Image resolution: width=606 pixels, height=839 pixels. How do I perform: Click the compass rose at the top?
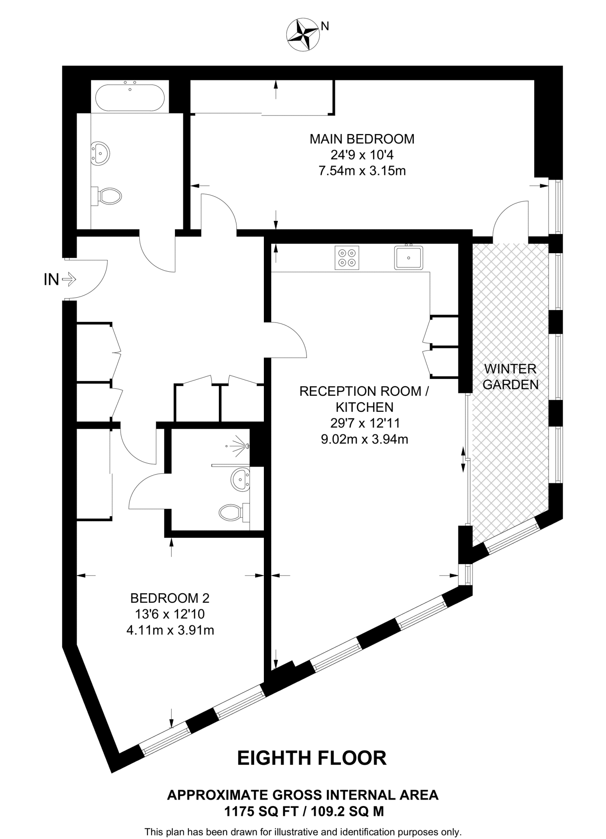coord(303,35)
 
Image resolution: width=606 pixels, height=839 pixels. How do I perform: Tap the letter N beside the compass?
coord(325,26)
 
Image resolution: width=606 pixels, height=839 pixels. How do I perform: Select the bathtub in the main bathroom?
coord(130,98)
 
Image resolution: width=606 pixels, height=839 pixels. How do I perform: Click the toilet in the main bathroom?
coord(108,196)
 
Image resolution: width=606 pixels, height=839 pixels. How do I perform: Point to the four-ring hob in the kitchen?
coord(347,258)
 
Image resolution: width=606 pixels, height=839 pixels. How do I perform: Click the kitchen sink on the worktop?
coord(409,258)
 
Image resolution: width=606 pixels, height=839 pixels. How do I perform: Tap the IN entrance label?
coord(52,280)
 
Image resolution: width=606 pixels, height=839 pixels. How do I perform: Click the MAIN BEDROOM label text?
coord(362,139)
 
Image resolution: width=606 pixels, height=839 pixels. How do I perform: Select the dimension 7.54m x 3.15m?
coord(362,171)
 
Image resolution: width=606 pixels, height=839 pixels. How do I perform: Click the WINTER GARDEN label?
coord(511,376)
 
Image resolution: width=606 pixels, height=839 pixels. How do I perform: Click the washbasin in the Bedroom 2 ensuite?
coord(240,479)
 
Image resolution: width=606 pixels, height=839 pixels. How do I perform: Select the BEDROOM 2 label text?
coord(170,598)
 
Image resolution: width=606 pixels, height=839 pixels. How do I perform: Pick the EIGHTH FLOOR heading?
coord(312,758)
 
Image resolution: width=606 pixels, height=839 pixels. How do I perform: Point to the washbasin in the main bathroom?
coord(100,153)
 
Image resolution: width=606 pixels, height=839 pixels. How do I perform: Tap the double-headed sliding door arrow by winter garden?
coord(463,460)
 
